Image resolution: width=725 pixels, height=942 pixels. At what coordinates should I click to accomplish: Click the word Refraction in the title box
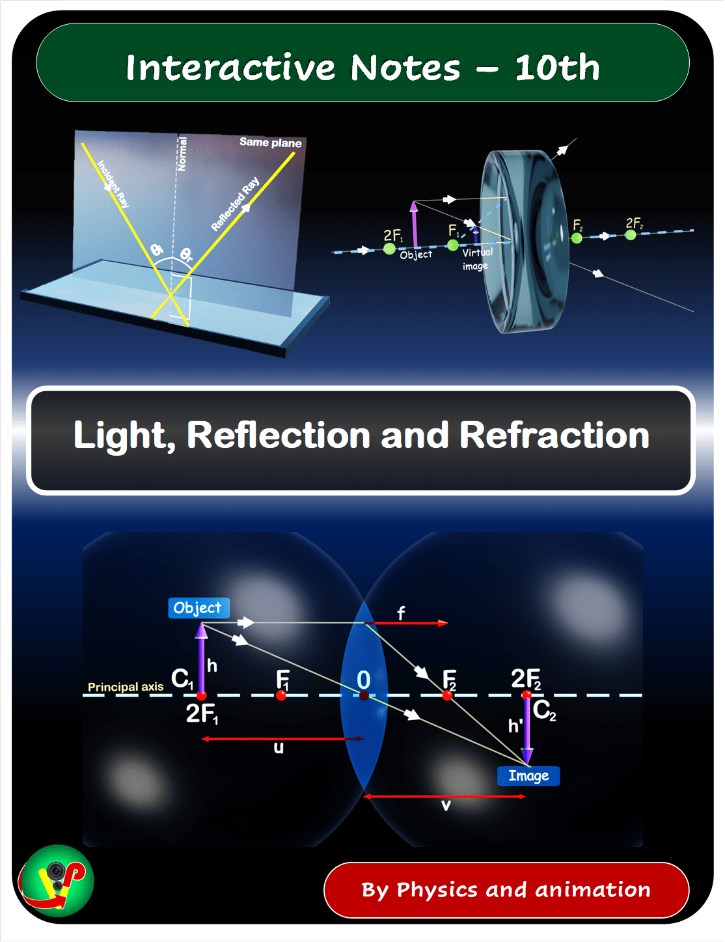[x=554, y=435]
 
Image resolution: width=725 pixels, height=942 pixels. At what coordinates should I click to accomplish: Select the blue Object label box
[x=199, y=608]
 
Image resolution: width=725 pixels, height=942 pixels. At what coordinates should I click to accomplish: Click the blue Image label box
[x=528, y=775]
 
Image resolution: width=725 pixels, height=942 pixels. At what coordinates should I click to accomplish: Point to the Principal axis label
[x=126, y=687]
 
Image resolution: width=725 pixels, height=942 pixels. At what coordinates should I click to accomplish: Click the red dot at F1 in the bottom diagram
[x=280, y=696]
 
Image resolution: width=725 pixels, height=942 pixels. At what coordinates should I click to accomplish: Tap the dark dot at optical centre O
[x=364, y=696]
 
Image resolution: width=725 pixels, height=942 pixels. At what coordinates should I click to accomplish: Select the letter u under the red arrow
[x=279, y=748]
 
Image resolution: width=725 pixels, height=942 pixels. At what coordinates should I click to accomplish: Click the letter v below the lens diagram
[x=446, y=805]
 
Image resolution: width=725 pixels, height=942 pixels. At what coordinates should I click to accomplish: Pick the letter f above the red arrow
[x=402, y=613]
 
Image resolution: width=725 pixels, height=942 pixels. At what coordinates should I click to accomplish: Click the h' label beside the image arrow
[x=515, y=726]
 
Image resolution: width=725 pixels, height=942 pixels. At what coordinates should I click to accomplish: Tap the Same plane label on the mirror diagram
[x=271, y=142]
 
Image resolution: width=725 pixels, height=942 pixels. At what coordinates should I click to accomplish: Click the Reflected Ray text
[x=236, y=203]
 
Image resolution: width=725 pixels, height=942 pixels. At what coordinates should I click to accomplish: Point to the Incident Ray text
[x=113, y=184]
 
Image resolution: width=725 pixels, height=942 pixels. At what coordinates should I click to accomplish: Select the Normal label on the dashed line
[x=182, y=154]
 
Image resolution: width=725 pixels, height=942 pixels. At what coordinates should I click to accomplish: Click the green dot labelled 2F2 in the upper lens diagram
[x=631, y=235]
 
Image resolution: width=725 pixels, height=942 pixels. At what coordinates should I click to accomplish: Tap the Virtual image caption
[x=476, y=259]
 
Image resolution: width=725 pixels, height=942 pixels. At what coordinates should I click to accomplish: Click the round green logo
[x=56, y=881]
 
